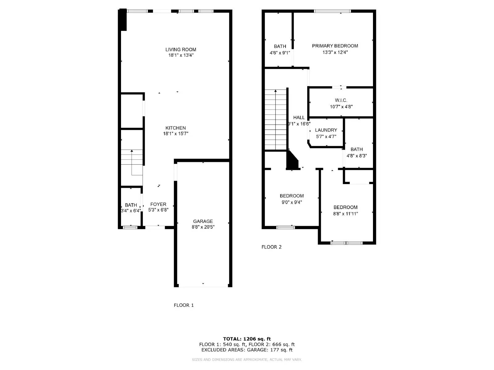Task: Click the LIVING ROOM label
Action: click(181, 49)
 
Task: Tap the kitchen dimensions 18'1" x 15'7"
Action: click(175, 134)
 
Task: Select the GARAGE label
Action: click(203, 221)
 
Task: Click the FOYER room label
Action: click(158, 204)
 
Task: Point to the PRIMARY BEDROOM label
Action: click(335, 46)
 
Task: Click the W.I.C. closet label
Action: click(341, 100)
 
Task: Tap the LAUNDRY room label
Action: click(326, 130)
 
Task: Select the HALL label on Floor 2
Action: click(299, 117)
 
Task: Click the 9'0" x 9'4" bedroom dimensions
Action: click(291, 202)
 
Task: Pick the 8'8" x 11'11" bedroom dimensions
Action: click(345, 214)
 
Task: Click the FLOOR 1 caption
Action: click(184, 305)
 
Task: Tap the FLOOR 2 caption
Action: click(271, 247)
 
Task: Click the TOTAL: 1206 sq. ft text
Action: click(247, 339)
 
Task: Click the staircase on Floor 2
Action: click(276, 120)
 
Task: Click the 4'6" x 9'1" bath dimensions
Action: click(280, 53)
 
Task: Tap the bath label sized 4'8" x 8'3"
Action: click(357, 149)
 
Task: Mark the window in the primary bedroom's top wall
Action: click(332, 11)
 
